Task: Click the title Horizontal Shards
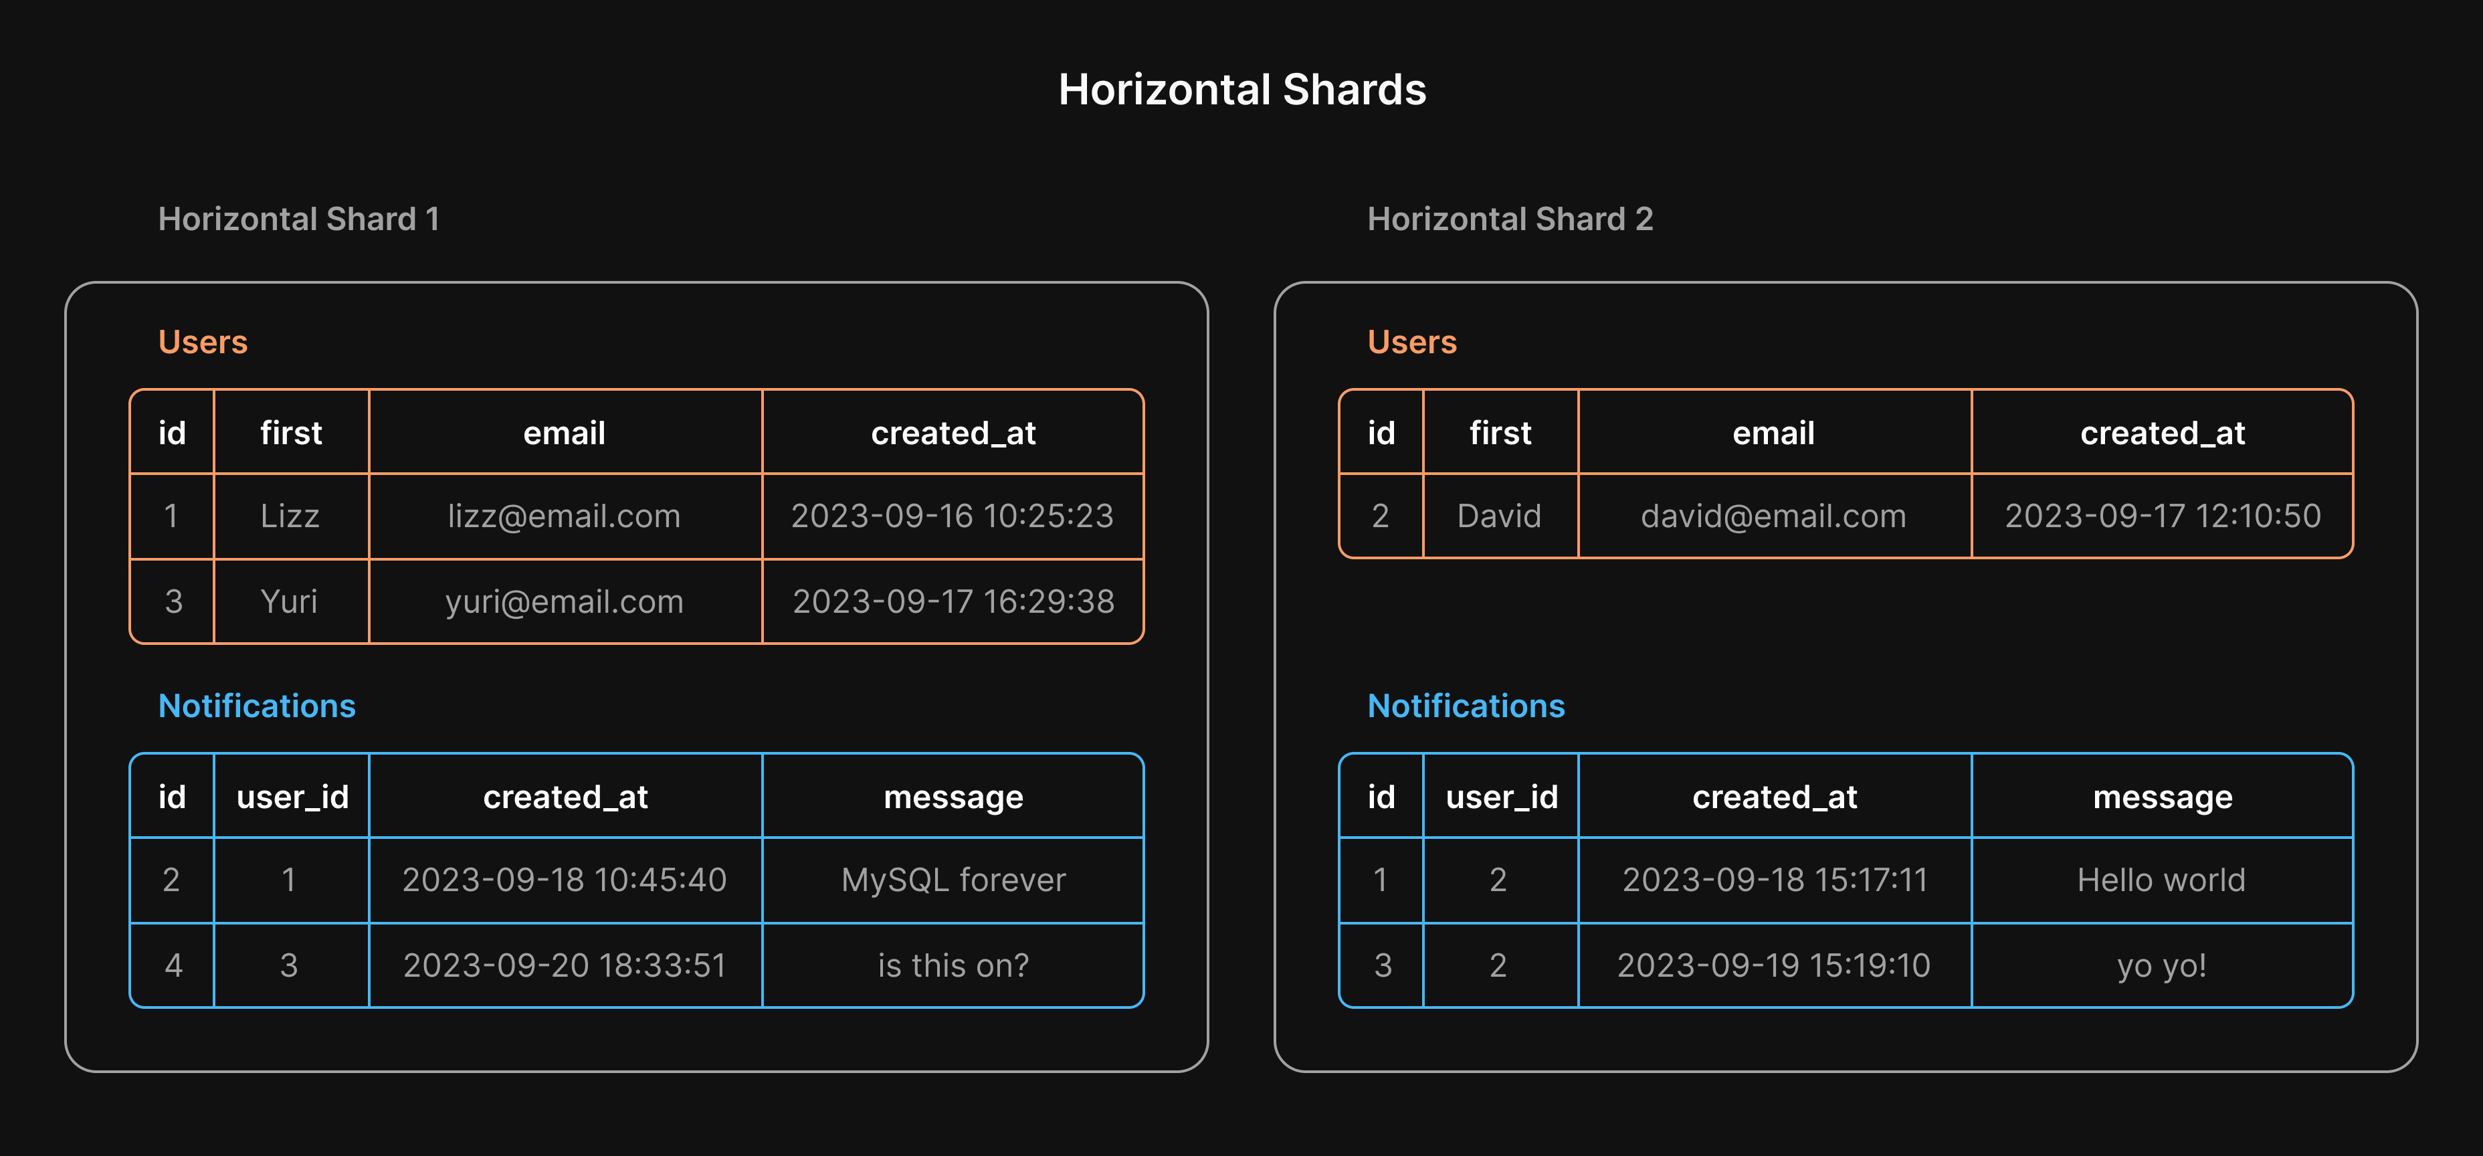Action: point(1241,90)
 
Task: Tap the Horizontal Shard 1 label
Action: point(299,219)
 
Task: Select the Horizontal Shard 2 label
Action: point(1510,219)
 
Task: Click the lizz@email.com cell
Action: point(564,516)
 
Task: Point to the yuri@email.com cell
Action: point(564,601)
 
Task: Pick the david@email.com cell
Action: point(1773,516)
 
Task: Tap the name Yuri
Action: point(289,601)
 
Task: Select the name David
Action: point(1499,516)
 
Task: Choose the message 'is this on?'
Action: point(953,965)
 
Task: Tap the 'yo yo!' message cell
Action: point(2161,965)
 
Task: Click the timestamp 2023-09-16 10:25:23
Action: point(953,516)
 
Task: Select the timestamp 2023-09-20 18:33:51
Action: point(564,965)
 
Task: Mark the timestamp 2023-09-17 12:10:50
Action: point(2162,516)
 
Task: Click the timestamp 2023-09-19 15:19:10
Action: point(1773,965)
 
